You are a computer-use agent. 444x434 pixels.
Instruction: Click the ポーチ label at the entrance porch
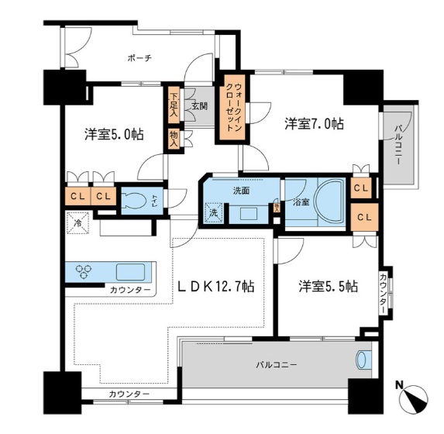click(140, 57)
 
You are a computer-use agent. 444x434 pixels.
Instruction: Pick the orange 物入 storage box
click(174, 138)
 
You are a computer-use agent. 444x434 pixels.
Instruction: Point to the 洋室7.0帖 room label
click(313, 123)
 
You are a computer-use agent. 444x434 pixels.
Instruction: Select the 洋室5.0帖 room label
click(115, 133)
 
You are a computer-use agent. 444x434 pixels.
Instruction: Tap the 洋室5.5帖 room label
click(329, 286)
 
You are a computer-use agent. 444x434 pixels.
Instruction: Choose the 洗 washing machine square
click(213, 212)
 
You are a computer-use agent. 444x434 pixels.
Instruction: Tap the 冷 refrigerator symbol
click(78, 225)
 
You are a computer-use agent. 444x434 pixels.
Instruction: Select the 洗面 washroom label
click(239, 190)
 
